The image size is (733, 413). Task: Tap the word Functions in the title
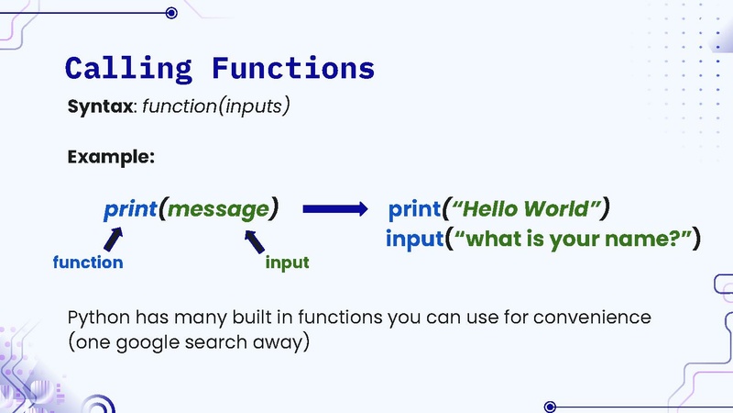(292, 68)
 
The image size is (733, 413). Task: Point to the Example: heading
(111, 157)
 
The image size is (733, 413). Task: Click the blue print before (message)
(130, 209)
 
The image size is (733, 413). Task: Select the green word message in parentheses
(218, 209)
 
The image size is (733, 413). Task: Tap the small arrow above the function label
(113, 240)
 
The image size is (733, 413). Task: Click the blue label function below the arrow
(88, 262)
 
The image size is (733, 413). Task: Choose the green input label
(287, 263)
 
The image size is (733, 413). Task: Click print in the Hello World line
(414, 209)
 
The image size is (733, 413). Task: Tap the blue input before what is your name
(414, 240)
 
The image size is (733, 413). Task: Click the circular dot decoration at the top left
(171, 13)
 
